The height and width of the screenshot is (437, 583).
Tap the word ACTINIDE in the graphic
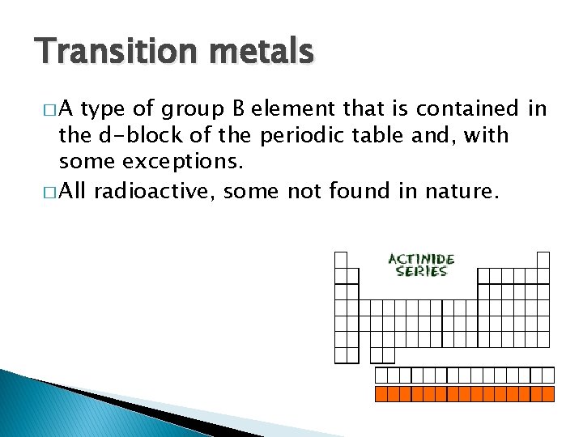point(421,260)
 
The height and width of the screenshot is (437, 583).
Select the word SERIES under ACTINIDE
point(421,272)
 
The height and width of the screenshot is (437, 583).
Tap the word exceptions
point(181,163)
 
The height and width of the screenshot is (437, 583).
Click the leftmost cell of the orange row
point(381,394)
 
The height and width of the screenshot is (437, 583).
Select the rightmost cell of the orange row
point(548,394)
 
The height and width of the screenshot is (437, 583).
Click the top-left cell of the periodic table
point(341,260)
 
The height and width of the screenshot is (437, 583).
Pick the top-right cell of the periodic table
point(543,260)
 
